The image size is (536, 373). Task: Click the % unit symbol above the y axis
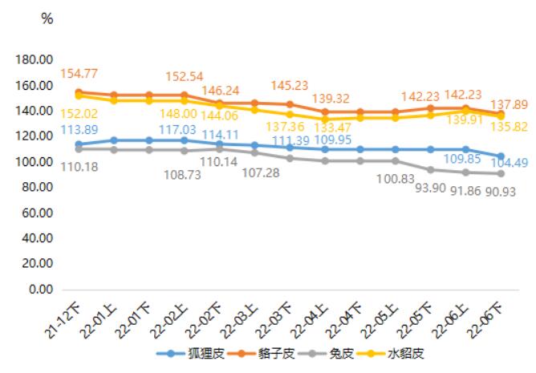(47, 19)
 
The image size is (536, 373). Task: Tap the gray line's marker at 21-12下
(79, 149)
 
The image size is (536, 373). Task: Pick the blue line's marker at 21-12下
(79, 144)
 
